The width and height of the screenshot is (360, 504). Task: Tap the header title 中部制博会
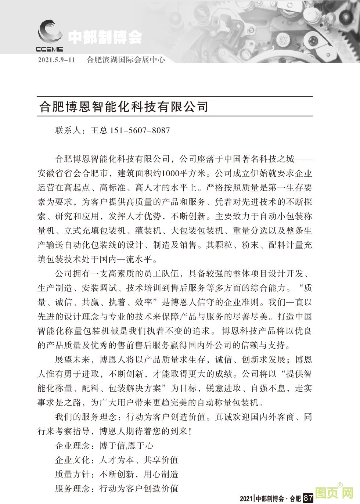pos(105,37)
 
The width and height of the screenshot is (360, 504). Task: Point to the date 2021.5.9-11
pos(56,60)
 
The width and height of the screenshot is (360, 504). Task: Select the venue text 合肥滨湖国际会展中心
pos(126,60)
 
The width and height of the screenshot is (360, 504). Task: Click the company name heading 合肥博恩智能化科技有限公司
pos(124,107)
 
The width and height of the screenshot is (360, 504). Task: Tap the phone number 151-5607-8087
pos(140,130)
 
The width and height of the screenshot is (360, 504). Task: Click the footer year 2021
pos(246,498)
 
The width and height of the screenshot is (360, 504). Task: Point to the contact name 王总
pos(98,130)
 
